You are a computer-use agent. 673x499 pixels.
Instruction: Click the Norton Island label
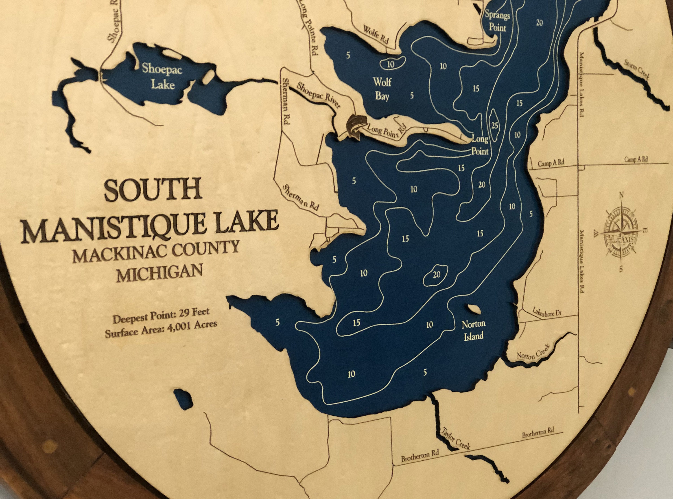click(474, 330)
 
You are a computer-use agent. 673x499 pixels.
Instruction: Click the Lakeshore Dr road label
click(547, 313)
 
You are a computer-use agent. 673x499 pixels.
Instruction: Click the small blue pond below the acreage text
click(183, 397)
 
